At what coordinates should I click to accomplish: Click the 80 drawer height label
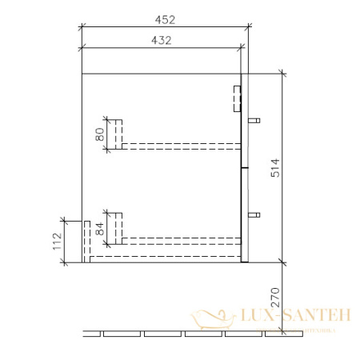[x=100, y=134]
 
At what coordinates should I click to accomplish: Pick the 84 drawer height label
[x=100, y=227]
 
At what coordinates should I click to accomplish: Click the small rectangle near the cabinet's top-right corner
[x=237, y=98]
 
